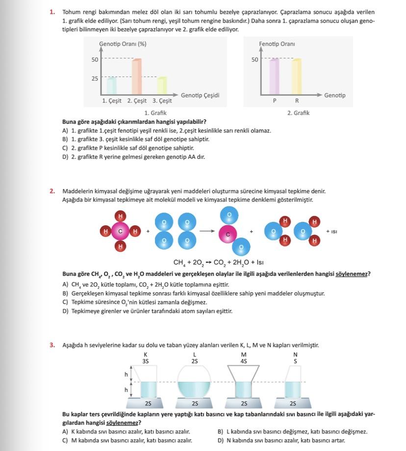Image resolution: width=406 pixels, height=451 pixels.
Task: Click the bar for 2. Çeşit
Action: click(137, 77)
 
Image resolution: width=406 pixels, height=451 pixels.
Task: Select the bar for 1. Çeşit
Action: click(112, 86)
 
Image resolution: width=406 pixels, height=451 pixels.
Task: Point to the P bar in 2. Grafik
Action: click(275, 76)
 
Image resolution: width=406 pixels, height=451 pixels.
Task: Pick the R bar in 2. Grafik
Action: click(296, 76)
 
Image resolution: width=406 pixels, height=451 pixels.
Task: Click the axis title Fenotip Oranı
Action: click(277, 44)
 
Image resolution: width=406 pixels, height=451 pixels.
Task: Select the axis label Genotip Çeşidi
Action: click(200, 95)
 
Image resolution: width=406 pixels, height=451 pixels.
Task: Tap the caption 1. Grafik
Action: click(155, 113)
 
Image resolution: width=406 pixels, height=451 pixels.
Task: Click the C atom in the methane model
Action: click(120, 231)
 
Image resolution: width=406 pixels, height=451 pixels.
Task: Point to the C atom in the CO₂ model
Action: click(228, 235)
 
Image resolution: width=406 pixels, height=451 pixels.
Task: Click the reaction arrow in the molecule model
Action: click(207, 231)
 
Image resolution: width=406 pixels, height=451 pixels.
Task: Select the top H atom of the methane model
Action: click(120, 215)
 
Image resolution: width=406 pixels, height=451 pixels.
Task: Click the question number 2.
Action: click(52, 191)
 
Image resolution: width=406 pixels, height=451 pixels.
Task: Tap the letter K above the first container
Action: click(146, 355)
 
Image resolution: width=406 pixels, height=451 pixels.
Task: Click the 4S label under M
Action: click(244, 361)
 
